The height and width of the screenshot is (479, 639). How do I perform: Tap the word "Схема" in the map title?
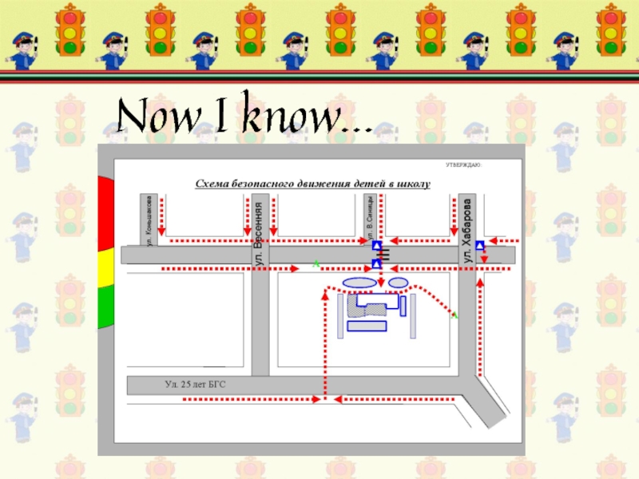pyautogui.click(x=214, y=184)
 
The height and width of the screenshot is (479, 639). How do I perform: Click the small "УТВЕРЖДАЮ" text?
pyautogui.click(x=463, y=165)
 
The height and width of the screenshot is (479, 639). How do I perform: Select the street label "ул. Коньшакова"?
pyautogui.click(x=149, y=220)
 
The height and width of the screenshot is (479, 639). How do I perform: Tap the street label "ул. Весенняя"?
pyautogui.click(x=259, y=234)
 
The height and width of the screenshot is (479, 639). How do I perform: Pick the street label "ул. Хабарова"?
pyautogui.click(x=468, y=231)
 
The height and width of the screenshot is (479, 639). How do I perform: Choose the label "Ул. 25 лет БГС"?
pyautogui.click(x=196, y=385)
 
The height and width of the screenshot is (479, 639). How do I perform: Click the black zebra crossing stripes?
pyautogui.click(x=384, y=255)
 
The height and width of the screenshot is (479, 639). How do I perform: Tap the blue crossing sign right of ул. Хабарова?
pyautogui.click(x=480, y=245)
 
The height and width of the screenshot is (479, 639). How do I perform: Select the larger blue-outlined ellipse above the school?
pyautogui.click(x=359, y=283)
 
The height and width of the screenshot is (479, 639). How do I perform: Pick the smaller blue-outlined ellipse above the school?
pyautogui.click(x=397, y=283)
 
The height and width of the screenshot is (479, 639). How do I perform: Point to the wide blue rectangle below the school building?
pyautogui.click(x=366, y=326)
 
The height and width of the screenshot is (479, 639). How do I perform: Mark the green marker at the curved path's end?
pyautogui.click(x=454, y=316)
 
